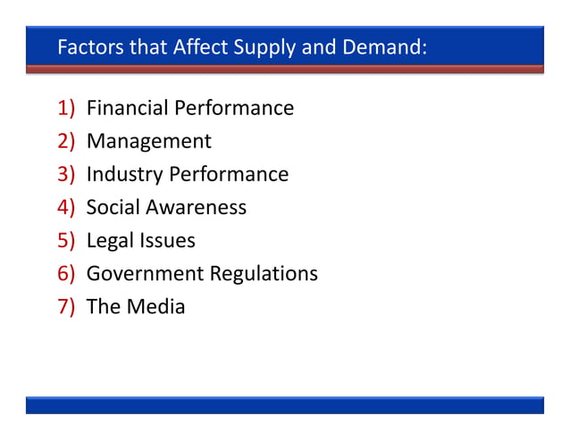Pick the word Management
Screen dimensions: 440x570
click(x=148, y=142)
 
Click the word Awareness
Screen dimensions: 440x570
click(x=194, y=208)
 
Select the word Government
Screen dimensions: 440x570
click(x=144, y=274)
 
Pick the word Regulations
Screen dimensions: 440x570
click(x=263, y=274)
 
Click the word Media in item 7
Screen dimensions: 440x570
click(x=155, y=307)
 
